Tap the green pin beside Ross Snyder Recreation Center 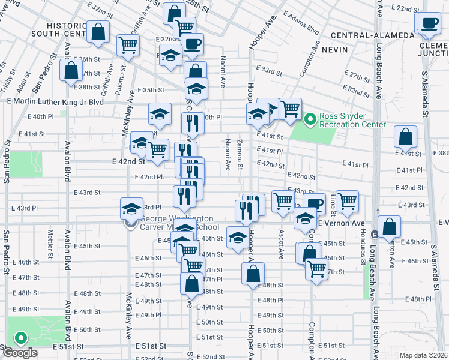pyautogui.click(x=310, y=120)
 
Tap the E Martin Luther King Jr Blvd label pyautogui.click(x=55, y=102)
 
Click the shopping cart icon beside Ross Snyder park pyautogui.click(x=290, y=109)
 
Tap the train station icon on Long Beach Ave pyautogui.click(x=374, y=233)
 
